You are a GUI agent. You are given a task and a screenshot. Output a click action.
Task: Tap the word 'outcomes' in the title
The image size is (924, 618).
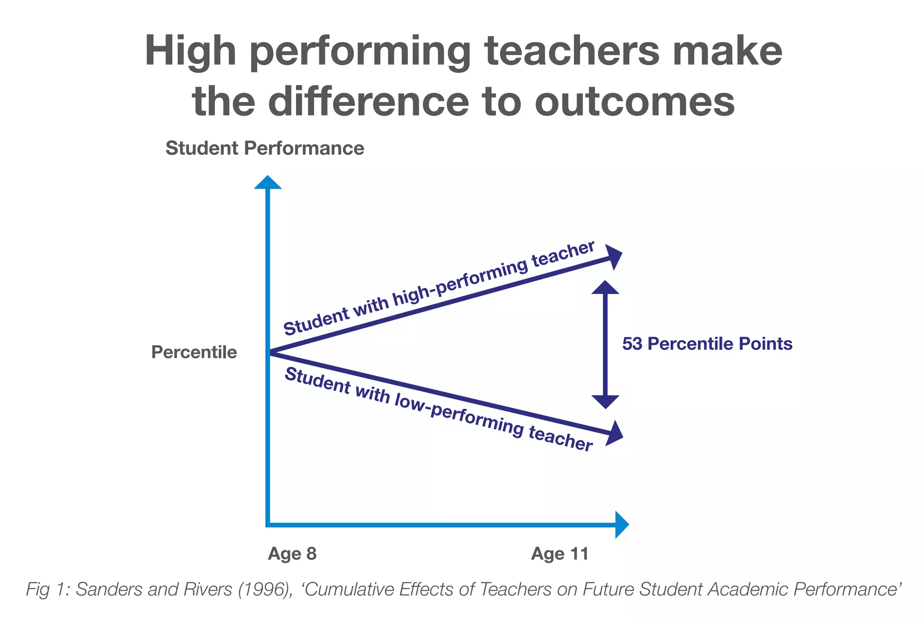635,101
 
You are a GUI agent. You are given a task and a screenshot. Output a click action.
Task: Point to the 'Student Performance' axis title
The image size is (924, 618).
265,148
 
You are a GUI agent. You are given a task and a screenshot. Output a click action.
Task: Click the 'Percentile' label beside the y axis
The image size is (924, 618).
194,352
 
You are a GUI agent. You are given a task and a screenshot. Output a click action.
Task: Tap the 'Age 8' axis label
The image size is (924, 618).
292,553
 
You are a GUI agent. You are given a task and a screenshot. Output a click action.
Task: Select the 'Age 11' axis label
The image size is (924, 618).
560,553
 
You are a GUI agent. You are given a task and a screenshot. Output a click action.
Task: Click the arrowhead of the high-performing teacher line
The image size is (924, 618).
614,257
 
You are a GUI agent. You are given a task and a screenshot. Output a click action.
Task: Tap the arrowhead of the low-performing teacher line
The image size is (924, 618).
615,434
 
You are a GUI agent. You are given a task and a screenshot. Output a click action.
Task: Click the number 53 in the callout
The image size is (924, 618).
632,344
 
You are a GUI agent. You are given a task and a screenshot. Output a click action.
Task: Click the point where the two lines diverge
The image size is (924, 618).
270,353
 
